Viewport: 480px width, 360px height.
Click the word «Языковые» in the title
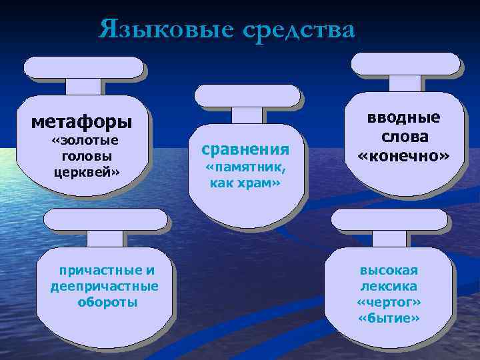pyautogui.click(x=163, y=30)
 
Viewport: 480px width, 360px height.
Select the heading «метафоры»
pyautogui.click(x=82, y=123)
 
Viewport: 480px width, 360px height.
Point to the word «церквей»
pyautogui.click(x=86, y=171)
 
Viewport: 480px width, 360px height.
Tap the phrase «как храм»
pyautogui.click(x=245, y=183)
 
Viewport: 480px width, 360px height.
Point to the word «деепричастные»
pyautogui.click(x=105, y=286)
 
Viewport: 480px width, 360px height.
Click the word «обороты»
pyautogui.click(x=107, y=301)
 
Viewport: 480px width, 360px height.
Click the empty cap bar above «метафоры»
pyautogui.click(x=84, y=67)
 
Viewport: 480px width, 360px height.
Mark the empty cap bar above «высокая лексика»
pyautogui.click(x=389, y=219)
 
